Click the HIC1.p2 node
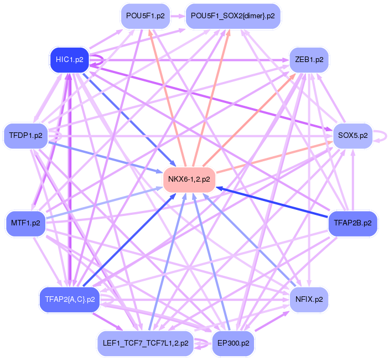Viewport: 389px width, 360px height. tap(69, 60)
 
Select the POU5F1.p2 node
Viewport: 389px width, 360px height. tap(145, 16)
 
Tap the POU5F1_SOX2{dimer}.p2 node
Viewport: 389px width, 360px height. tap(232, 16)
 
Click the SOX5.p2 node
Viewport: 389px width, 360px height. tap(352, 136)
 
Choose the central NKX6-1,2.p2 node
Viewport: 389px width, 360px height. tap(189, 179)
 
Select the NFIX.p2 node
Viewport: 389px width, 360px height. tap(309, 299)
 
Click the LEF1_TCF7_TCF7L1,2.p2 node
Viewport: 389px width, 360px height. tap(145, 343)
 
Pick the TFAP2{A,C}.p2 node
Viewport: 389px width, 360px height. tap(69, 299)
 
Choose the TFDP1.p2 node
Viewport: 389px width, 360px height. tap(25, 136)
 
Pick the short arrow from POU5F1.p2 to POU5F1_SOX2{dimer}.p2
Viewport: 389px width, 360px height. tap(178, 16)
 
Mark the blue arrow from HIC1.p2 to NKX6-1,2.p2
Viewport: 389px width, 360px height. tap(127, 117)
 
